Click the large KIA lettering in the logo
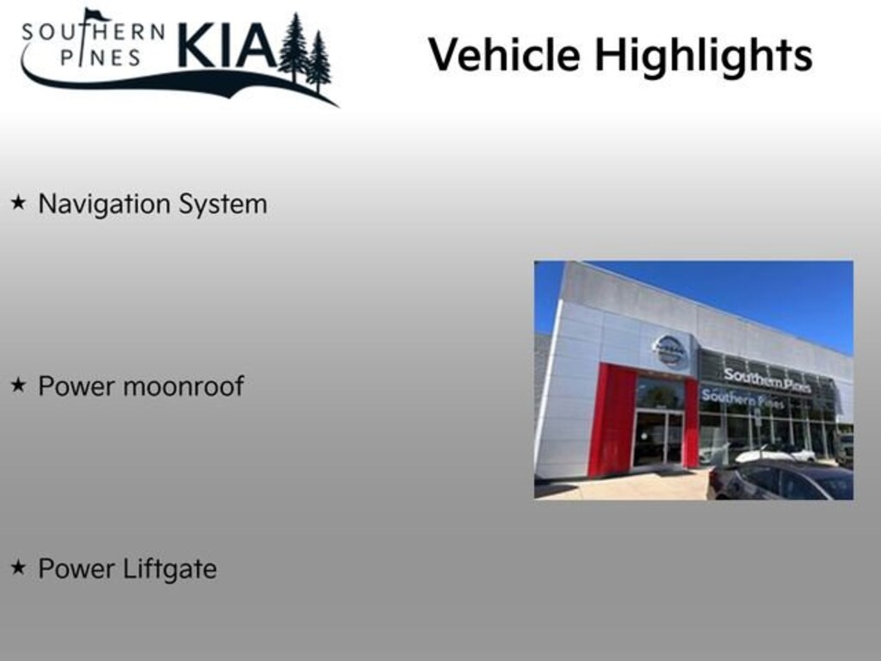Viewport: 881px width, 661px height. click(226, 46)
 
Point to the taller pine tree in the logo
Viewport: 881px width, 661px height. click(293, 48)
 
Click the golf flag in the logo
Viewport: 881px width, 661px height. click(95, 15)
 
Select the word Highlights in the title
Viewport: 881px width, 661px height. click(703, 55)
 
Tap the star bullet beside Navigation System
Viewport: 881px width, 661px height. click(18, 203)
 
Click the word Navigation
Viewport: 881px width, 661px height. click(104, 204)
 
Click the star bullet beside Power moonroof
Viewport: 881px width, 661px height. click(18, 386)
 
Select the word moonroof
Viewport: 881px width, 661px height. click(183, 386)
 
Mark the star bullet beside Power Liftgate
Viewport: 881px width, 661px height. click(18, 568)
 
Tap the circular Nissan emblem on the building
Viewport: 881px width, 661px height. click(668, 350)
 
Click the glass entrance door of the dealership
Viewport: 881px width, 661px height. click(658, 438)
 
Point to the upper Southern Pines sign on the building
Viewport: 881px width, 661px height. click(767, 380)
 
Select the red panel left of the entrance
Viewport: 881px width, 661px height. click(612, 419)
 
